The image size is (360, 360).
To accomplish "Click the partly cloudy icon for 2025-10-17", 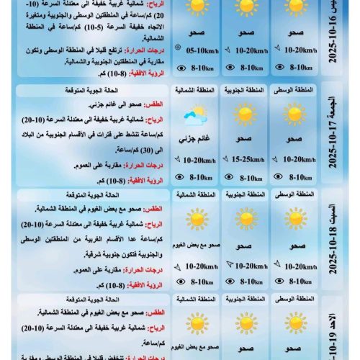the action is pos(195,117).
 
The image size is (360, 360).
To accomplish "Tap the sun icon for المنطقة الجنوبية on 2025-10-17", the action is pos(246,114).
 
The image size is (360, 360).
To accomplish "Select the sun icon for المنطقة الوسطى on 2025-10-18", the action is pos(294,219).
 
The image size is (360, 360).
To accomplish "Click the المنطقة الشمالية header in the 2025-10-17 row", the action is pos(195,91).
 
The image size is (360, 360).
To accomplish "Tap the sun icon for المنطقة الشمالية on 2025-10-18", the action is pos(195,219).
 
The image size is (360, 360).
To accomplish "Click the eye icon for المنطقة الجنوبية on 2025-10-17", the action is pos(230,176).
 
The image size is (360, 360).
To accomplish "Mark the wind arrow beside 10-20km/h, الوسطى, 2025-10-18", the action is pos(275,266).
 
